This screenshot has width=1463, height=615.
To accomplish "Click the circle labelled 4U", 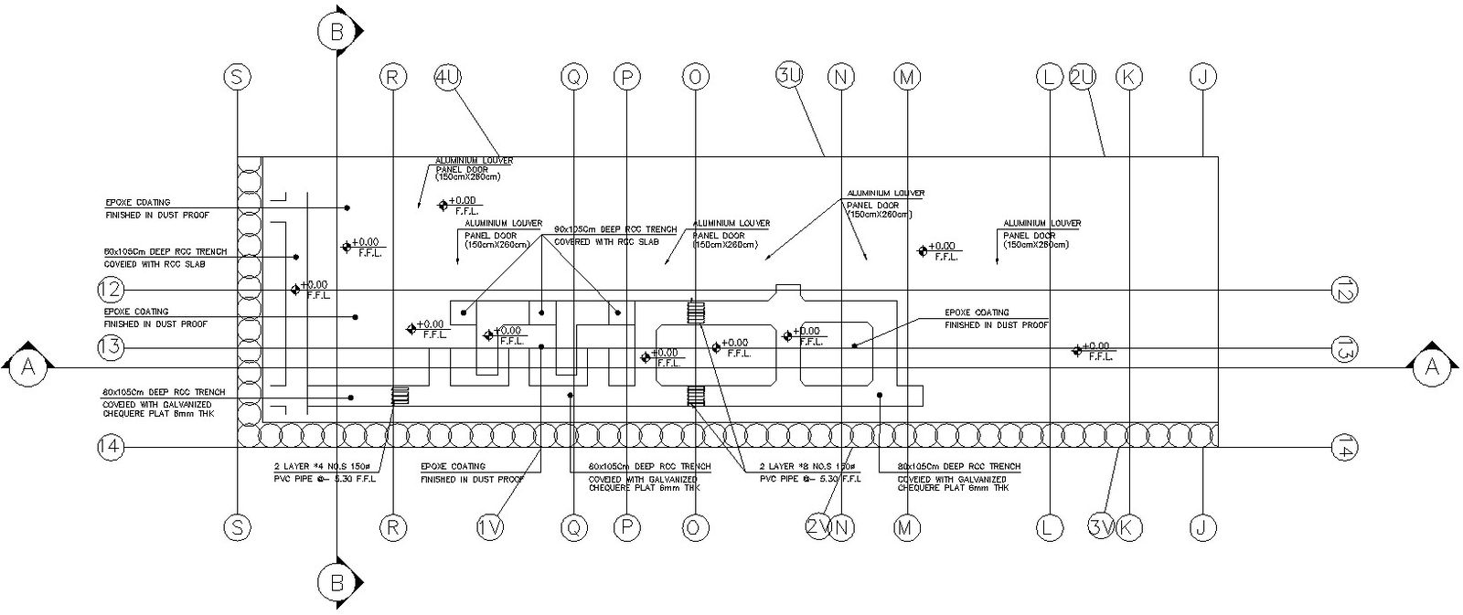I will [x=448, y=78].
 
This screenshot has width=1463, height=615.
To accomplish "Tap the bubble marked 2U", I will [x=1082, y=78].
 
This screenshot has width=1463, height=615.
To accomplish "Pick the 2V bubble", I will [x=818, y=526].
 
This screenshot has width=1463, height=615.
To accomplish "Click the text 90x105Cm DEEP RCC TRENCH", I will [x=615, y=229].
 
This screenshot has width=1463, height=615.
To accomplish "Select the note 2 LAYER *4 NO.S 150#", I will [x=325, y=467].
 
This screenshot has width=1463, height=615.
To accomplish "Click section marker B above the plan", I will [x=336, y=33].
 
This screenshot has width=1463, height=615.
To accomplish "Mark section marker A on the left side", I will [x=27, y=367].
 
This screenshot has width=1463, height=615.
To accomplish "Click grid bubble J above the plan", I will [x=1203, y=78].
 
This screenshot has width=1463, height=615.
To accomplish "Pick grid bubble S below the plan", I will [x=237, y=526].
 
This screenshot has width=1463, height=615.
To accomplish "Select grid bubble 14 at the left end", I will [x=110, y=447].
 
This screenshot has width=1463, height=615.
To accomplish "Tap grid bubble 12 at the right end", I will [x=1344, y=290].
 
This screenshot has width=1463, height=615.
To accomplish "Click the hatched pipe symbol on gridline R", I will [x=400, y=396].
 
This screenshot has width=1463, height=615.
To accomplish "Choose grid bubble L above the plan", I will [x=1049, y=78].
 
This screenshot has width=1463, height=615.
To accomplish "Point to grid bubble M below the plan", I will [x=906, y=526].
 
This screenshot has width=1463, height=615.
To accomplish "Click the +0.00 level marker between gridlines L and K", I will [x=1078, y=350].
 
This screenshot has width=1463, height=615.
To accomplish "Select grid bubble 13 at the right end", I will [x=1344, y=348].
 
